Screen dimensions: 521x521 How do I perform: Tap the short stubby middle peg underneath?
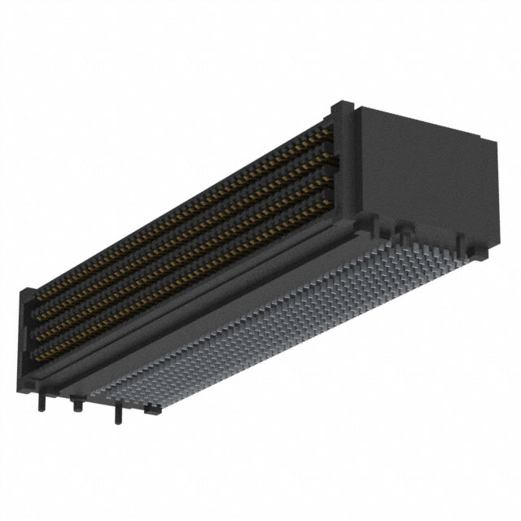76,404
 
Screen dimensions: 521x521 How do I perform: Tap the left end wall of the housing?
28,326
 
